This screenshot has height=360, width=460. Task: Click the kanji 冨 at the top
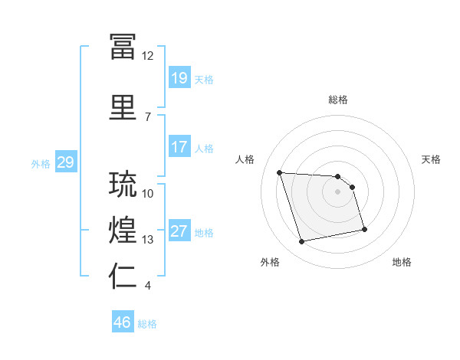pyautogui.click(x=123, y=46)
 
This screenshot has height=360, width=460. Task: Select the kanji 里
pyautogui.click(x=123, y=107)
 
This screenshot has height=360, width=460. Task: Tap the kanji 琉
pyautogui.click(x=123, y=184)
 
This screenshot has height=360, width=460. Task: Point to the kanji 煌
pyautogui.click(x=123, y=230)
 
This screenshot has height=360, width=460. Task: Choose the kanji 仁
pyautogui.click(x=123, y=276)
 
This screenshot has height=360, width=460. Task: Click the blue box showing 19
pyautogui.click(x=179, y=77)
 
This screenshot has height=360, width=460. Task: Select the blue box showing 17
pyautogui.click(x=179, y=146)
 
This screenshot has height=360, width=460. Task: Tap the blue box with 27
pyautogui.click(x=179, y=230)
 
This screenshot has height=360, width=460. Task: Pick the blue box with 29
pyautogui.click(x=66, y=162)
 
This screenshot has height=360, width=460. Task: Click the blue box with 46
pyautogui.click(x=123, y=321)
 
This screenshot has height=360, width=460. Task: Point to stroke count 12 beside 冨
pyautogui.click(x=147, y=56)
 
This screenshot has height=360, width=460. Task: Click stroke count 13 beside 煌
pyautogui.click(x=147, y=240)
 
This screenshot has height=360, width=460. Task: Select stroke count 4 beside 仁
pyautogui.click(x=147, y=286)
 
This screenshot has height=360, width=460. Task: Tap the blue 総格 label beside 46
pyautogui.click(x=147, y=324)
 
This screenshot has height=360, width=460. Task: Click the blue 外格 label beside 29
pyautogui.click(x=41, y=164)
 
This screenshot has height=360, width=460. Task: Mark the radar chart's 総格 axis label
pyautogui.click(x=338, y=100)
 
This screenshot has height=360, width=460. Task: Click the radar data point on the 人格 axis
pyautogui.click(x=280, y=172)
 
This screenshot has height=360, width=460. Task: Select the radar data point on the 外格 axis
pyautogui.click(x=301, y=241)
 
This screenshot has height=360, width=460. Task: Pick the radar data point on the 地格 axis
pyautogui.click(x=364, y=229)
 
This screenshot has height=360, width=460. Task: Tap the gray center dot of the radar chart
pyautogui.click(x=337, y=191)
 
